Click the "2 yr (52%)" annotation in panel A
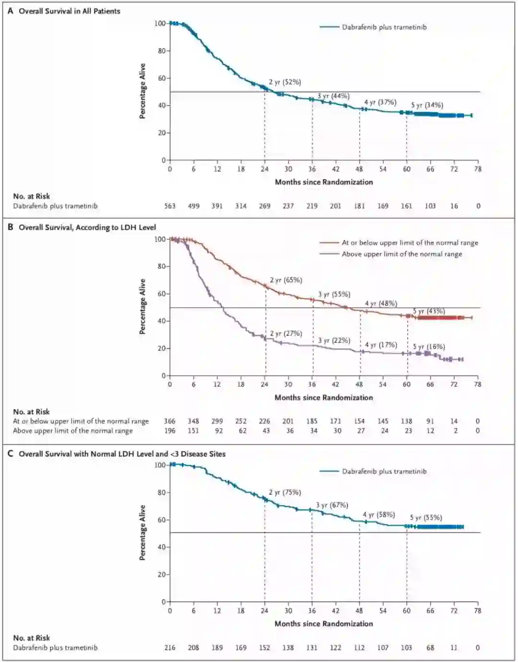pos(285,82)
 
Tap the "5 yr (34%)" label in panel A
pos(427,105)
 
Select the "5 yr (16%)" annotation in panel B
pos(429,347)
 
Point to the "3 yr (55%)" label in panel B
pos(334,294)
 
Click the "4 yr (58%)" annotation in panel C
pos(379,515)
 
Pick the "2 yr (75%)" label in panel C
pos(285,492)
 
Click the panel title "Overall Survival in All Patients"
pos(70,11)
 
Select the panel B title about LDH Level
pos(87,227)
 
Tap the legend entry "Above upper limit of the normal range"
pos(402,254)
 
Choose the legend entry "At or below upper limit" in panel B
pos(410,243)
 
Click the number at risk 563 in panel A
pos(170,206)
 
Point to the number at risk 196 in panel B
pos(170,431)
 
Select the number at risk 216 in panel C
pos(170,648)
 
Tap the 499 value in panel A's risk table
pos(193,206)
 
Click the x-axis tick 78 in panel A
pos(478,169)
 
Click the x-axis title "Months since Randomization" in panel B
pos(324,397)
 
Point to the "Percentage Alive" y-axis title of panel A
pos(142,91)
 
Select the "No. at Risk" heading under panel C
pos(32,638)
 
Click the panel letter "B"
pos(11,227)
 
